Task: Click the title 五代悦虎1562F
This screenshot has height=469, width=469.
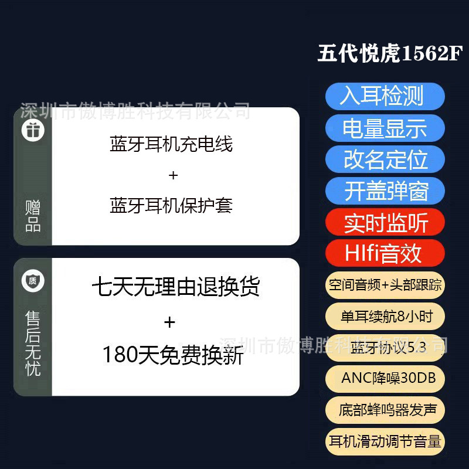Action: (390, 54)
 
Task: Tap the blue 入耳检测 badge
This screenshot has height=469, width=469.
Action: (385, 96)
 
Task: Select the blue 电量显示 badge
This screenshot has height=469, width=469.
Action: (385, 128)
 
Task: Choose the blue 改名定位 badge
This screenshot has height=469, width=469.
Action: (385, 159)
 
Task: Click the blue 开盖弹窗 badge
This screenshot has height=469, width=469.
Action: (385, 191)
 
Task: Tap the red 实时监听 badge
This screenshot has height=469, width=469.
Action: (385, 223)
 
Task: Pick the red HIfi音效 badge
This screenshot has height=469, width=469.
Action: (385, 254)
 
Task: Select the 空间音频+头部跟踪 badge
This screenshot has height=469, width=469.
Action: (385, 286)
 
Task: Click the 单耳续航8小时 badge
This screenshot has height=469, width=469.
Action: (385, 317)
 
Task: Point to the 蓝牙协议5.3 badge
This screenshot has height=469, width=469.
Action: (385, 348)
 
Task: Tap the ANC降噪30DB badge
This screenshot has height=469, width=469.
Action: (385, 378)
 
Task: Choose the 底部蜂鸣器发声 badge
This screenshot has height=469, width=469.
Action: (385, 410)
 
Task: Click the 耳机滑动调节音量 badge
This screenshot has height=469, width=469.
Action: (385, 441)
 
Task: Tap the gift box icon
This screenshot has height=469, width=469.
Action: (33, 129)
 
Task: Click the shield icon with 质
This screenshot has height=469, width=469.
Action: (33, 281)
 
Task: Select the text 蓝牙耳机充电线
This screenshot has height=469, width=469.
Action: (171, 144)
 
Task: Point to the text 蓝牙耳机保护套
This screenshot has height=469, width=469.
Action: (171, 205)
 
